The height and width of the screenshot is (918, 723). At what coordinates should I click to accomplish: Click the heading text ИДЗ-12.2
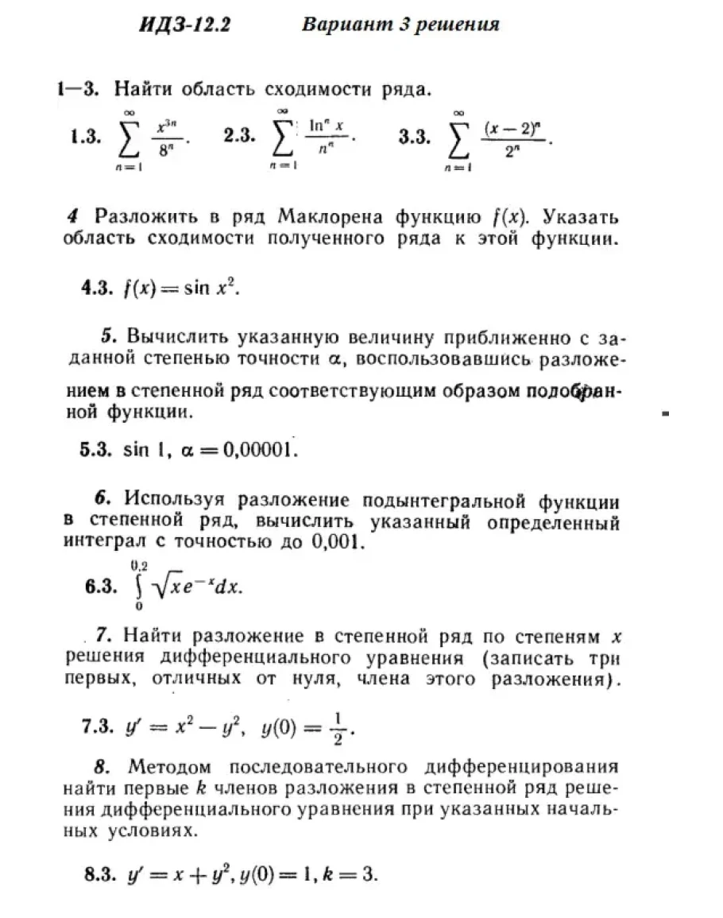[x=184, y=25]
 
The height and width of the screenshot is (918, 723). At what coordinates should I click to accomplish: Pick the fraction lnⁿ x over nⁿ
[x=326, y=137]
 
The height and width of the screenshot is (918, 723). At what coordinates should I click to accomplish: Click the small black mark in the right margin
[x=666, y=414]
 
